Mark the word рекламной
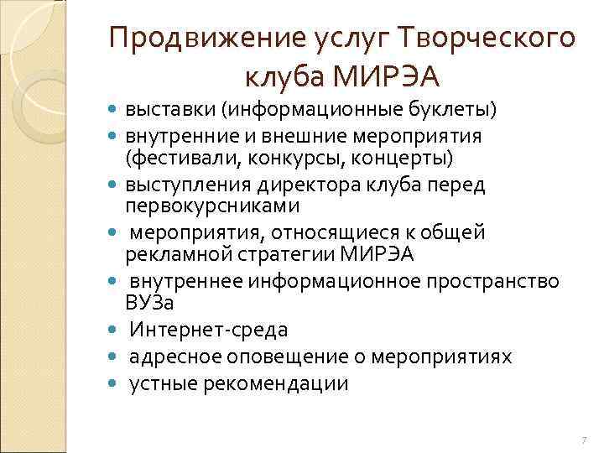coord(172,254)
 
